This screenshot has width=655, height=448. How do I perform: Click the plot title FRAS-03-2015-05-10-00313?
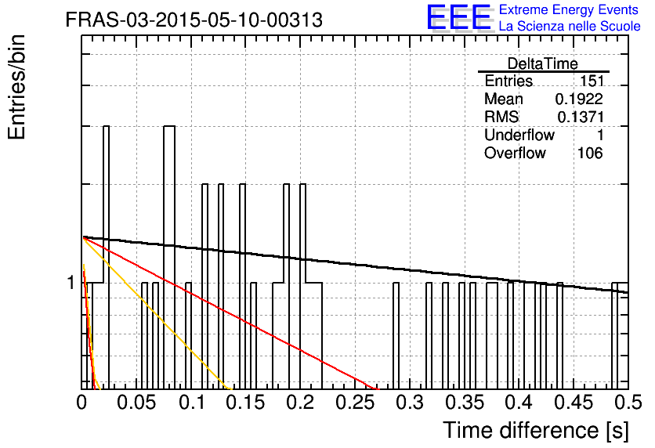click(x=194, y=20)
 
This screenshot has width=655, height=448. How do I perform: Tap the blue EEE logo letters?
click(x=458, y=17)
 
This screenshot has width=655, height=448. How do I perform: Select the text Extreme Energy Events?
click(x=569, y=9)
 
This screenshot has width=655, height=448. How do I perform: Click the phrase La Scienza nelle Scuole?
click(x=570, y=26)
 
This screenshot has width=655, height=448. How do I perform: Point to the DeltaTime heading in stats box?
click(x=543, y=64)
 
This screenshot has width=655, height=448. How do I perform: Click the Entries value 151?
click(x=591, y=81)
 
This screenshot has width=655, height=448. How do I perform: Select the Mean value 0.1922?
click(x=579, y=99)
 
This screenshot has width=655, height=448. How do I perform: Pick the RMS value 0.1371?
click(x=581, y=117)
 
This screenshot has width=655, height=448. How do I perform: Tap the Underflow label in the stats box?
click(x=519, y=135)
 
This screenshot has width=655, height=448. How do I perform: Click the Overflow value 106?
click(x=590, y=154)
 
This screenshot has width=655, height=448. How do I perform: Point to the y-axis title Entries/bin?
click(x=16, y=87)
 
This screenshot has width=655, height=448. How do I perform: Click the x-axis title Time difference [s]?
click(x=536, y=430)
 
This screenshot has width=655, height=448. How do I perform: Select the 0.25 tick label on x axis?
click(x=356, y=403)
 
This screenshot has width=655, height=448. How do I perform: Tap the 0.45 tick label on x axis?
click(x=574, y=403)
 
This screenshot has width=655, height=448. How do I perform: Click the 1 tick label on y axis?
click(x=71, y=283)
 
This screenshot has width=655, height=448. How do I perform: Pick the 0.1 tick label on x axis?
click(x=192, y=403)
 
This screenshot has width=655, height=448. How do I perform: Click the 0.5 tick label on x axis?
click(x=628, y=403)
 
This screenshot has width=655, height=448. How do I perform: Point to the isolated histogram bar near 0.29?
click(x=396, y=336)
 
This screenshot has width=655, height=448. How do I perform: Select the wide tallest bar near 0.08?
click(x=169, y=258)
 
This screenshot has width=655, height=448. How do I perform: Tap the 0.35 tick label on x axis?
click(x=465, y=403)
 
